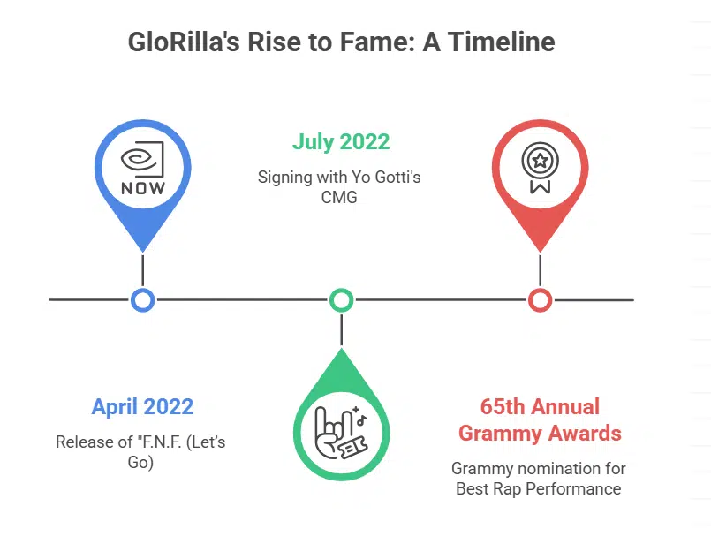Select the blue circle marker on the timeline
click(x=142, y=299)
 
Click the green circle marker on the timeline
click(x=341, y=299)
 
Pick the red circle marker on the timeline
click(x=540, y=299)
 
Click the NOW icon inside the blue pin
click(x=142, y=168)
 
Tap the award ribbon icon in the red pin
click(x=539, y=168)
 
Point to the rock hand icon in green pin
click(x=340, y=429)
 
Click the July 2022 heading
click(x=341, y=141)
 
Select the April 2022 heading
click(x=142, y=407)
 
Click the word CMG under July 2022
click(x=340, y=197)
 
